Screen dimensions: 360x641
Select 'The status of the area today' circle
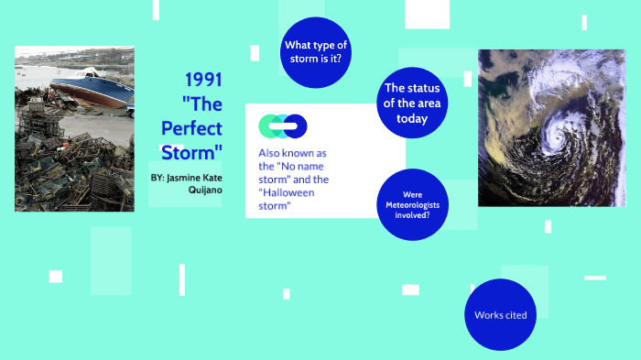411,103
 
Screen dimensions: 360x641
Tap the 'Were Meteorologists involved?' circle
411,204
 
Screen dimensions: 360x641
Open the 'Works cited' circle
500,315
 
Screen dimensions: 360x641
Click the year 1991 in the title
203,80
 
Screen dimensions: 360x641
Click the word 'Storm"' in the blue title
192,151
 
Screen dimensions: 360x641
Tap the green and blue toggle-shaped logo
282,125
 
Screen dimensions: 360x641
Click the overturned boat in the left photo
88,90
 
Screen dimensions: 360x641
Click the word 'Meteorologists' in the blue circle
411,205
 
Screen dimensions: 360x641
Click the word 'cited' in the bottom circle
515,315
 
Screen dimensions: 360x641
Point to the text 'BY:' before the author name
158,175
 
